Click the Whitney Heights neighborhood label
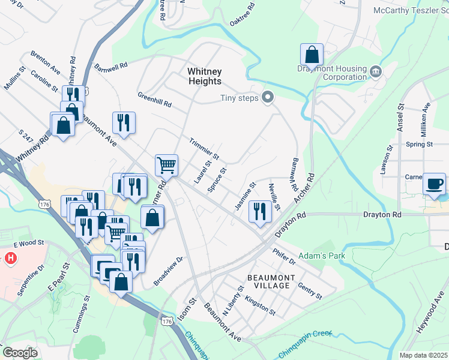coord(205,76)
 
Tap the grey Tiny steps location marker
coord(268,97)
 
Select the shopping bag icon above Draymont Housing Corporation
coord(312,55)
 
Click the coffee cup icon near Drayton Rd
coord(434,184)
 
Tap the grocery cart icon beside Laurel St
coord(166,164)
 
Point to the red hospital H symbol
coord(10,259)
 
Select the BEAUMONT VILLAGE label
coord(271,281)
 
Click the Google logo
coord(20,352)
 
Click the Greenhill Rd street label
coord(154,100)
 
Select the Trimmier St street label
coord(204,149)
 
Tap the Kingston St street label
coord(260,307)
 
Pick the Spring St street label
coord(419,145)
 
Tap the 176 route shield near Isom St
coord(167,322)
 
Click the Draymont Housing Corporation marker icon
coord(376,73)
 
